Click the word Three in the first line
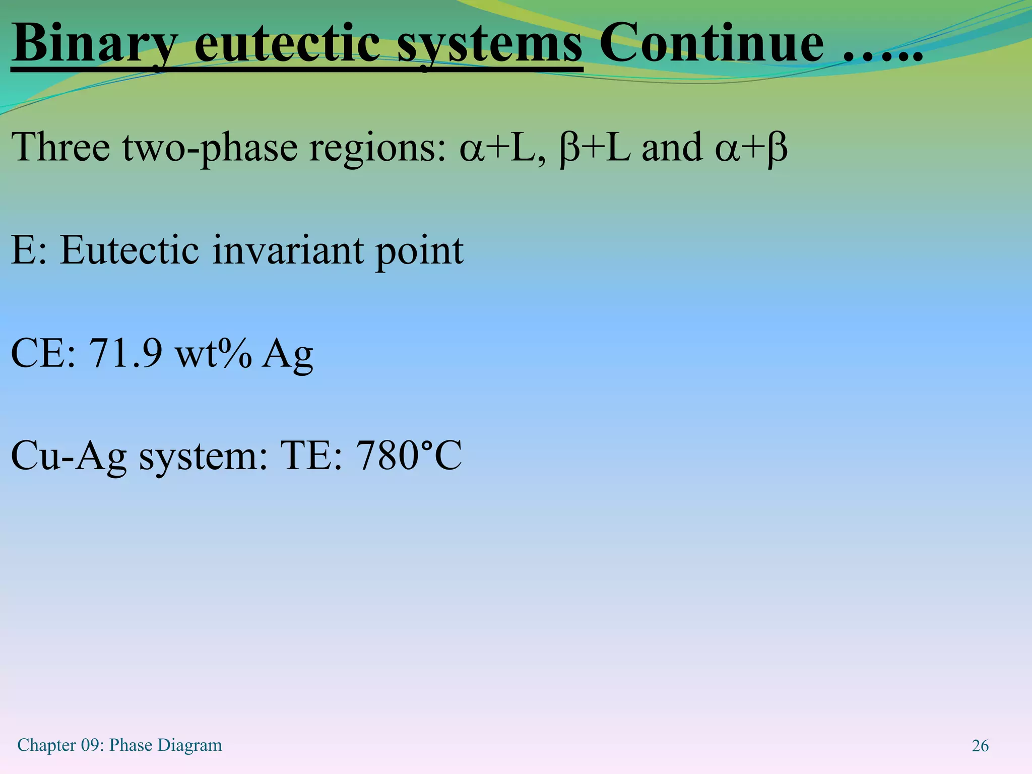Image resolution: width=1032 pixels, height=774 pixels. (61, 148)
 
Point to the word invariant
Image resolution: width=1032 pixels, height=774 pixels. (288, 250)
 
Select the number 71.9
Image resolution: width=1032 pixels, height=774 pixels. (125, 353)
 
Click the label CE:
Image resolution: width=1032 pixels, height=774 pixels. (43, 353)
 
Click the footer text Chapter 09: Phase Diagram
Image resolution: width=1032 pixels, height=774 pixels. (119, 745)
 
